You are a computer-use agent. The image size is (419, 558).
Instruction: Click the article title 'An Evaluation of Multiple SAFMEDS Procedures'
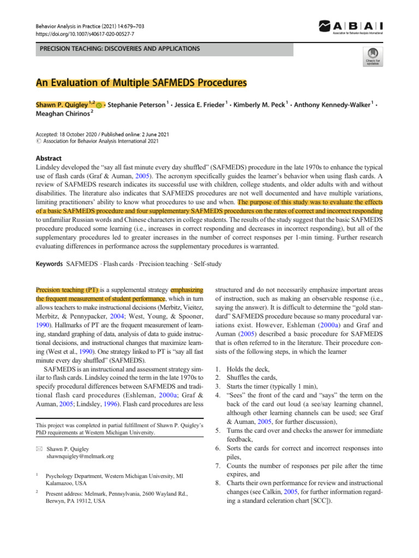tap(141, 83)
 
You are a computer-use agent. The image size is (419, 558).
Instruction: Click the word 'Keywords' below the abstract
tap(49, 264)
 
